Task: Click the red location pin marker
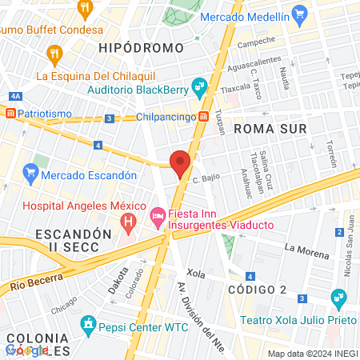[x=180, y=163]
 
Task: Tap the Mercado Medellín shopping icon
[x=300, y=14]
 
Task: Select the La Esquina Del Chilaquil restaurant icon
[x=54, y=55]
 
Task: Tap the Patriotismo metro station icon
[x=10, y=114]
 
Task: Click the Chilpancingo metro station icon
[x=205, y=118]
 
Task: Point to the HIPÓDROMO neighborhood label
[x=141, y=48]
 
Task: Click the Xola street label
[x=195, y=274]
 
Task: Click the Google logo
[x=26, y=350]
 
